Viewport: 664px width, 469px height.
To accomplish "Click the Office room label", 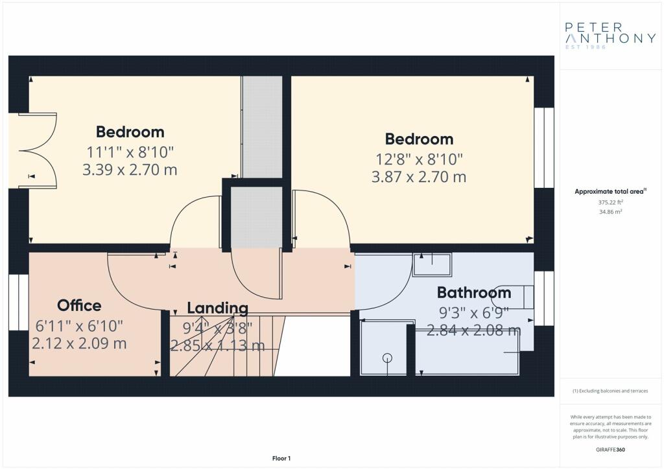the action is [x=79, y=305].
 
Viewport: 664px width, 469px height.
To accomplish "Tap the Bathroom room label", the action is [x=474, y=293].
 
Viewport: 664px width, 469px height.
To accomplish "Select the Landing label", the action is [x=218, y=308].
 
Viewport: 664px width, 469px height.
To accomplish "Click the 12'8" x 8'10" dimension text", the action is [x=420, y=159].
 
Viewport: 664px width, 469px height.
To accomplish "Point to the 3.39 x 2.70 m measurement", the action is [x=130, y=170].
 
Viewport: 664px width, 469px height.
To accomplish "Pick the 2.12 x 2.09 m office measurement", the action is [x=79, y=343].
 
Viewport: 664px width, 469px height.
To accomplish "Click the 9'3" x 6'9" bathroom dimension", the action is [x=473, y=313].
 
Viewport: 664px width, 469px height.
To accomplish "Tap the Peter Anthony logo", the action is [x=610, y=36].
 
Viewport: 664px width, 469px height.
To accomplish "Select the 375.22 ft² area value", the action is [x=611, y=203].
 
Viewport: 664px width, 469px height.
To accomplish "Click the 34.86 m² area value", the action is [x=611, y=212].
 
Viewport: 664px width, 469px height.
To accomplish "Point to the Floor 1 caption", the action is [x=281, y=459].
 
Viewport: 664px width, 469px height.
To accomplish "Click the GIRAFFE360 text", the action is [x=610, y=450].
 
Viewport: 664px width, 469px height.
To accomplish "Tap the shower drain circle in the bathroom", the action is [x=387, y=358].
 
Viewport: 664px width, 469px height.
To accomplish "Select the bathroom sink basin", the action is [x=433, y=264].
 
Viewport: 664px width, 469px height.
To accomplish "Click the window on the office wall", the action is [x=19, y=303].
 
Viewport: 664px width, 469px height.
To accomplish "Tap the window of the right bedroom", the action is [x=544, y=148].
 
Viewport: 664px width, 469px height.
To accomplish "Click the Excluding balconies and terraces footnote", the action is [x=610, y=391].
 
